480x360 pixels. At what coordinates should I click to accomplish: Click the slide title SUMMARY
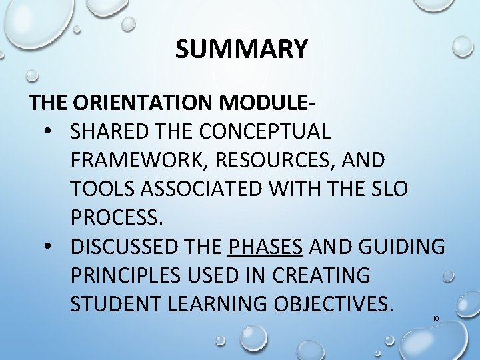(x=242, y=49)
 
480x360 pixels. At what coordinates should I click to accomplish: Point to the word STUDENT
(x=111, y=304)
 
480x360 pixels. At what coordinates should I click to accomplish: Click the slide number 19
(x=435, y=319)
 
